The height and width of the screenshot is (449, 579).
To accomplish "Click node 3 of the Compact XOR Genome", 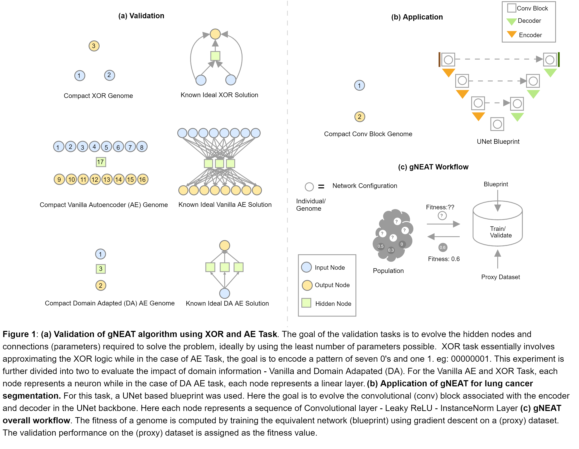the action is point(94,46).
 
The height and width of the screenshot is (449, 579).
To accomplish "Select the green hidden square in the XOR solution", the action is point(215,56).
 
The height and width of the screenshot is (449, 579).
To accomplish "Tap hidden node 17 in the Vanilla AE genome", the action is point(101,162).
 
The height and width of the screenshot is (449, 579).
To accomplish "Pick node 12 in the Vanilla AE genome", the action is point(95,180).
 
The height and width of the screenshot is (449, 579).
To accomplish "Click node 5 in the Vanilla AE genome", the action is point(106,147).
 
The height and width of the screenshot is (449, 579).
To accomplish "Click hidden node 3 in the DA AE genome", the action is point(101,269).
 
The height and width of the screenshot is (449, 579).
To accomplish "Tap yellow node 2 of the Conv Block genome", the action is point(360,117).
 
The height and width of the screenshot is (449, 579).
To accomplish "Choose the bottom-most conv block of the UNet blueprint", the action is point(497,124).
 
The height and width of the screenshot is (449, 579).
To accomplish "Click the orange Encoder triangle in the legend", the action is point(512,34).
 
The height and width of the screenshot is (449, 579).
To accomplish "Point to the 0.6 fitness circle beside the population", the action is point(443,248).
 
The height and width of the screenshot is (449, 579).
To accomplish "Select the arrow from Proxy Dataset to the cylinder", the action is point(498,259).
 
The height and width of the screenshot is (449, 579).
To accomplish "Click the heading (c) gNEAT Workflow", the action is point(433,167).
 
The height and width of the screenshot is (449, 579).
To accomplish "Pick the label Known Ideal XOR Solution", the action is point(219,95).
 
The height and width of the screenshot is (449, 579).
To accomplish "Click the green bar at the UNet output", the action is point(559,59).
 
